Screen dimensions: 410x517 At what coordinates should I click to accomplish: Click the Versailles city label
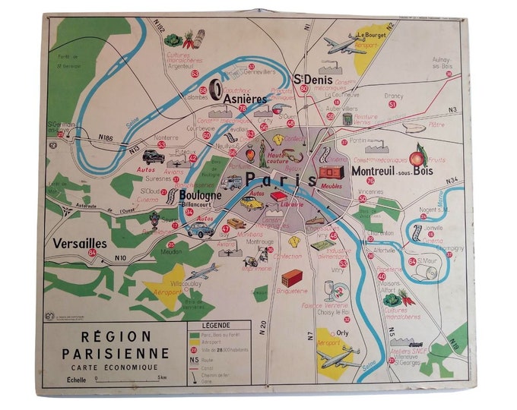(79, 244)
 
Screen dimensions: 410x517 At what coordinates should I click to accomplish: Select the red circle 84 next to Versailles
(92, 253)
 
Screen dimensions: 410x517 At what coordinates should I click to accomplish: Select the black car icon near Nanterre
(154, 157)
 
